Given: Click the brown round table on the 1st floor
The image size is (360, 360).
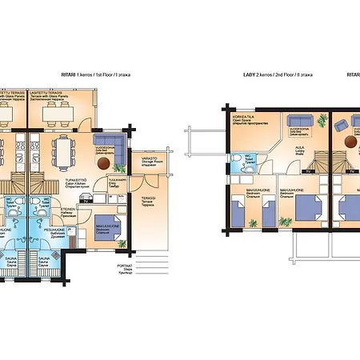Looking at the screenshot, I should point(102,162).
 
